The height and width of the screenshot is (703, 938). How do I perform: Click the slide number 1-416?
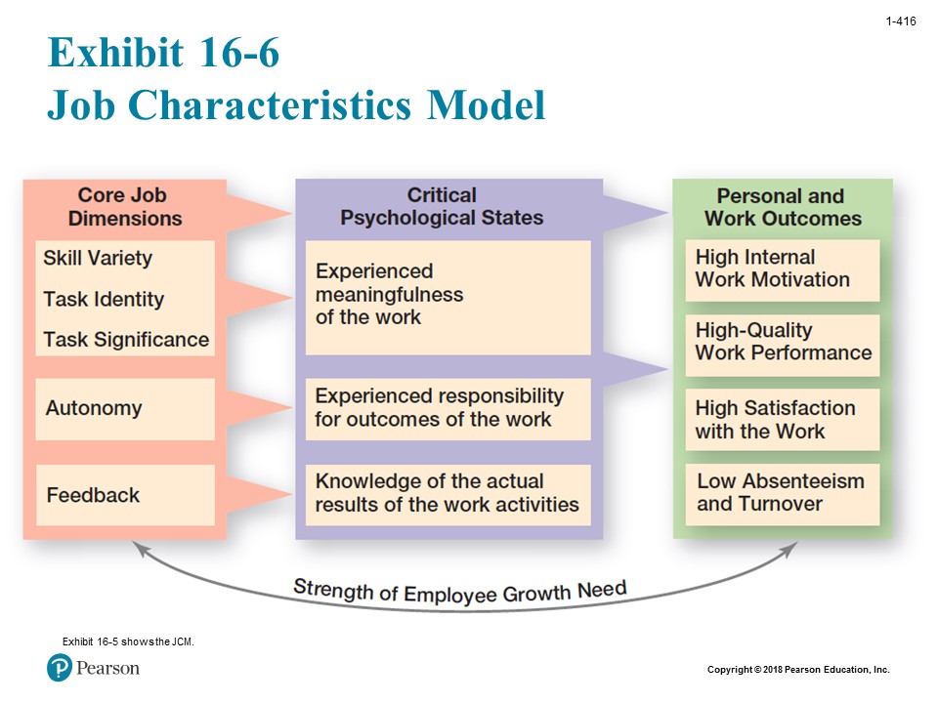[x=900, y=21]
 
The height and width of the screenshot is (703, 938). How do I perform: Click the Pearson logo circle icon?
[x=60, y=668]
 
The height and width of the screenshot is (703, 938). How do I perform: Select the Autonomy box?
[x=124, y=408]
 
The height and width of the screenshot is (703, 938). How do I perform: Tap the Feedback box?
[x=124, y=495]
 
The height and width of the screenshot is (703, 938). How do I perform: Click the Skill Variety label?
[x=98, y=259]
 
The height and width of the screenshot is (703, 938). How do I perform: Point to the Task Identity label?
[x=104, y=300]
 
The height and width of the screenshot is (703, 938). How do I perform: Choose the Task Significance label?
[x=126, y=340]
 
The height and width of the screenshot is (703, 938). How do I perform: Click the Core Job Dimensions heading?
[x=125, y=207]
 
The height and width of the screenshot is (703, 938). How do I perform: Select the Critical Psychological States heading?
[x=442, y=207]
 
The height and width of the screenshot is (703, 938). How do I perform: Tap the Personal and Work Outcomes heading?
[x=782, y=207]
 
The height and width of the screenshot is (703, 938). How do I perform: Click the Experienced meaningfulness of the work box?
[x=448, y=295]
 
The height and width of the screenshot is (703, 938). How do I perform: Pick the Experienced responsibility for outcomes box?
[x=448, y=408]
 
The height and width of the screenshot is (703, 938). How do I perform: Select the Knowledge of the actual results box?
[x=448, y=494]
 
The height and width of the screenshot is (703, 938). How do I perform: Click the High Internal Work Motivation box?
[x=782, y=269]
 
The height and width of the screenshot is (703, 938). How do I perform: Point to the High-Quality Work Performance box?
[x=782, y=343]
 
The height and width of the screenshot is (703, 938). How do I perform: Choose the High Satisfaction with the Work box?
[x=782, y=420]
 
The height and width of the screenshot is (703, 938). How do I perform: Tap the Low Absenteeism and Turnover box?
[x=782, y=493]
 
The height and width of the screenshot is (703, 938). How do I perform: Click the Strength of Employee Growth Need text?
[x=459, y=592]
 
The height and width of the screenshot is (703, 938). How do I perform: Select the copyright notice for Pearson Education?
[x=798, y=670]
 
